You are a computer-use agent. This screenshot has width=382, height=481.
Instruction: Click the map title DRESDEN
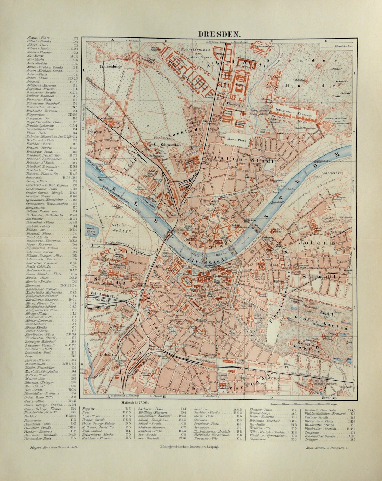coord(219,34)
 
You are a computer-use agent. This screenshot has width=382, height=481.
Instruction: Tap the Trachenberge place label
coord(110,66)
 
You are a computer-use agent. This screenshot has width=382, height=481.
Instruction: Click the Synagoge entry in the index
coord(201,427)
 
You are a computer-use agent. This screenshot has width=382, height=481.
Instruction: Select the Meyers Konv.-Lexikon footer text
coord(52,447)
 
